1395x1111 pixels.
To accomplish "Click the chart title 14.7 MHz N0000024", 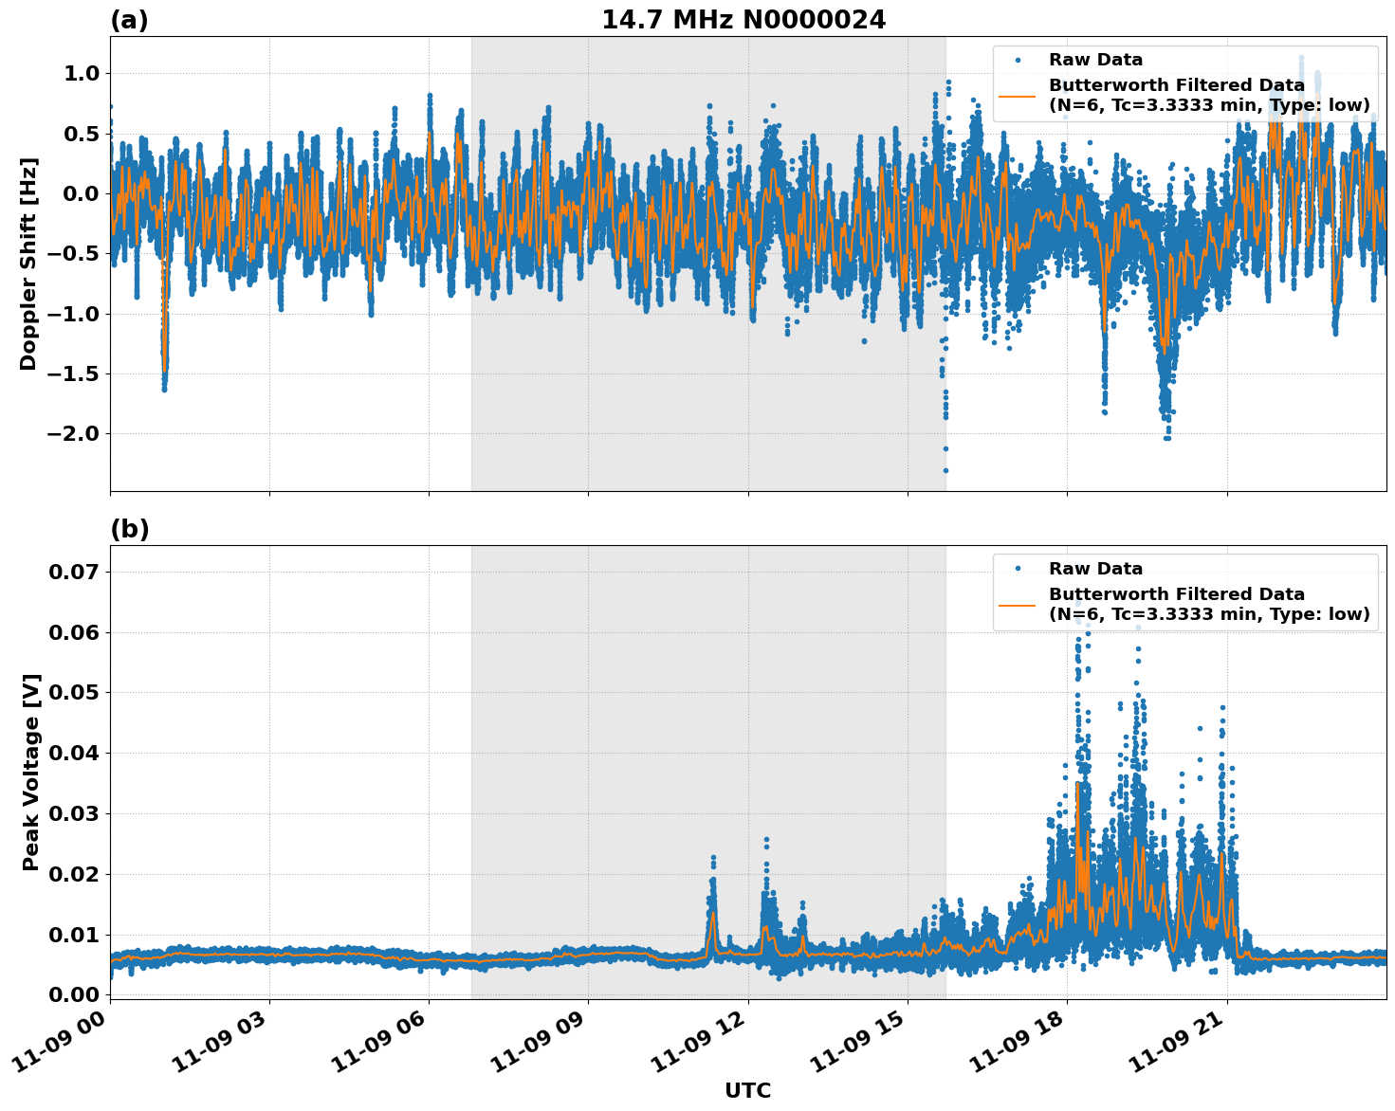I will (x=743, y=20).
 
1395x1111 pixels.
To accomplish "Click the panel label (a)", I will (x=129, y=20).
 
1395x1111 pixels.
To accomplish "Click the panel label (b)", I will (x=129, y=529).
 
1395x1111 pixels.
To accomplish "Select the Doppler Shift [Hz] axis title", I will (x=28, y=264).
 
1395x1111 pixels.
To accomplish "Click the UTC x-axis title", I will (x=747, y=1090).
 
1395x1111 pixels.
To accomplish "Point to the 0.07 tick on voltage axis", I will (x=73, y=572).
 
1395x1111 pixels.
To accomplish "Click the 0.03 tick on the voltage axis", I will (x=73, y=813).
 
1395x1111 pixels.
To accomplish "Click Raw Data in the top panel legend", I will (x=1095, y=60).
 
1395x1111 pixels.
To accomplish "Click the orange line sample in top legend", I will (x=1018, y=95).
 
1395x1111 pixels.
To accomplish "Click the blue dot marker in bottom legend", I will (x=1018, y=569).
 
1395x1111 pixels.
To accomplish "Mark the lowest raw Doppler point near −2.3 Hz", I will (x=945, y=470).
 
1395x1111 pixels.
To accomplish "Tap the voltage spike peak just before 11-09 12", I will (x=713, y=857).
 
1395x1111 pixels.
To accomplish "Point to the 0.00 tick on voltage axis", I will (x=73, y=994).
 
